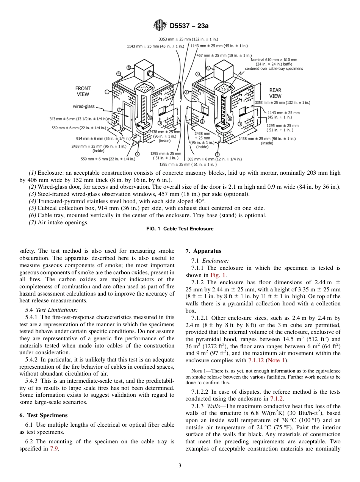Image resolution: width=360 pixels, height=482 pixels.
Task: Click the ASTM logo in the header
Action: (x=159, y=26)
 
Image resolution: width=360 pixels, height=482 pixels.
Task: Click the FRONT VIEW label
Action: (x=83, y=91)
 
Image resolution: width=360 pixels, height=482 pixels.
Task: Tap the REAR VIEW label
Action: (x=275, y=93)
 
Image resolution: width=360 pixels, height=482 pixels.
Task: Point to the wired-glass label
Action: (x=84, y=106)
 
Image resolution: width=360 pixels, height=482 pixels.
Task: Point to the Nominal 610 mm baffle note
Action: (x=274, y=64)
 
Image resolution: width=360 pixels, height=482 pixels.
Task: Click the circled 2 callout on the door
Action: (x=119, y=110)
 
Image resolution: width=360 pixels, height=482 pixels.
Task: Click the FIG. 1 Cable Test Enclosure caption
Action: (x=180, y=229)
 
